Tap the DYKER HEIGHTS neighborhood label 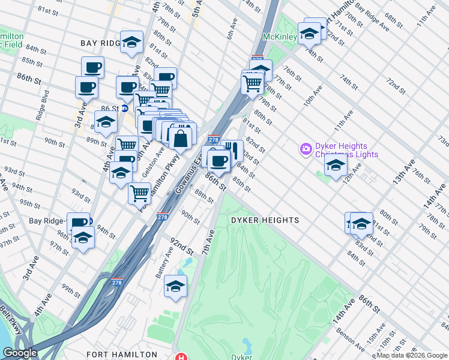[265, 220]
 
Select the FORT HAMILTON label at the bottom [121, 355]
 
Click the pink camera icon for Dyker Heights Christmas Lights [306, 148]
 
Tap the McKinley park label [280, 36]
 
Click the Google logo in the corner [20, 353]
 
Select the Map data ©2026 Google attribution [412, 356]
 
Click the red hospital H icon [179, 356]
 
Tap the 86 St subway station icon [125, 109]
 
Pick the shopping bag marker [180, 137]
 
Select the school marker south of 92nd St [175, 286]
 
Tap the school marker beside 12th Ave [335, 165]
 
